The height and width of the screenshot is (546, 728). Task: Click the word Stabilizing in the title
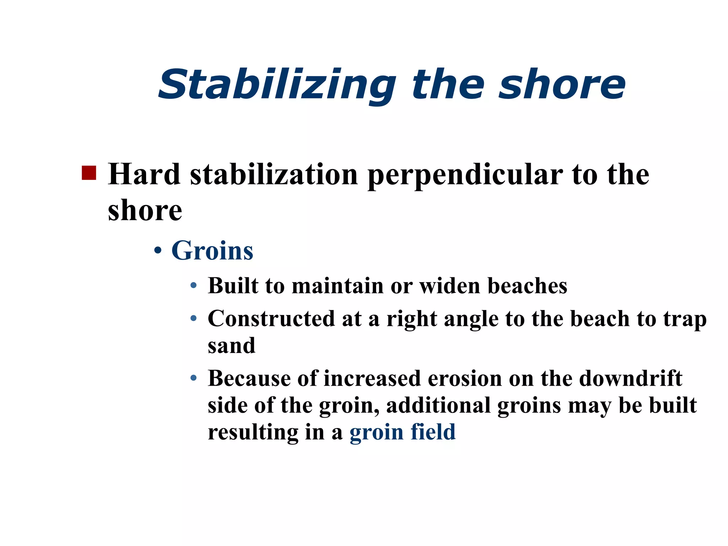277,85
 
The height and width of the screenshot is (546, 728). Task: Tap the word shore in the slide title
562,85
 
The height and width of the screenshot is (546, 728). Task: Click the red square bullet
89,173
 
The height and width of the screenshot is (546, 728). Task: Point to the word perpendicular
465,175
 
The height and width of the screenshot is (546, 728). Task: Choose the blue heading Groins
212,251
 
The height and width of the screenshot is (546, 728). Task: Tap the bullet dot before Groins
158,251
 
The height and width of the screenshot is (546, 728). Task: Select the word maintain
337,285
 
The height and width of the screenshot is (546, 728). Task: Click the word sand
231,345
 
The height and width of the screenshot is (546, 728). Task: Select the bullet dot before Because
193,378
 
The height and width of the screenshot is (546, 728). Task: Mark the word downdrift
631,378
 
